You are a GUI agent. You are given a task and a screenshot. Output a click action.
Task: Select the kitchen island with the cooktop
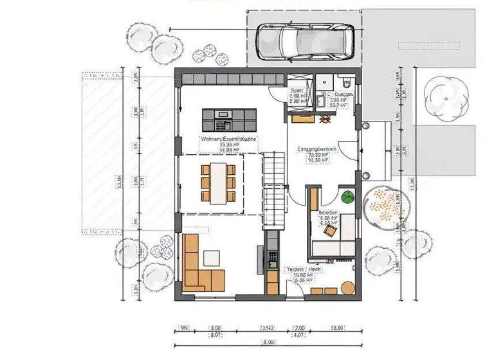point(229,119)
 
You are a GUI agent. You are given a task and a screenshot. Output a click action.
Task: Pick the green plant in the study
point(347,197)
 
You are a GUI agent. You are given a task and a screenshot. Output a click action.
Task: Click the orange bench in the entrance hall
point(302,118)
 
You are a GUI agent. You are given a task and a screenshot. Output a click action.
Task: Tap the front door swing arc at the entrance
point(346,149)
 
